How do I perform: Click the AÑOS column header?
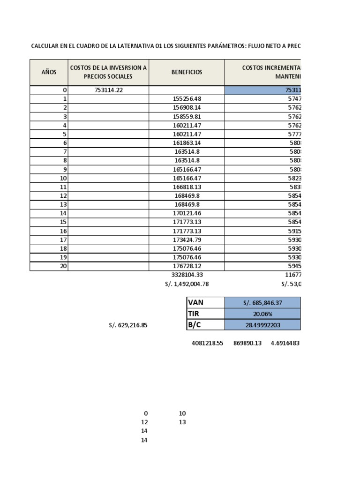49,72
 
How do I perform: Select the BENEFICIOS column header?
187,72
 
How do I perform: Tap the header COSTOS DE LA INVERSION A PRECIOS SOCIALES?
108,72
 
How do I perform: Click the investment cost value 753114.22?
108,90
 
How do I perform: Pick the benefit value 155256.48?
187,99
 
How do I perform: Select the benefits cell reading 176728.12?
187,266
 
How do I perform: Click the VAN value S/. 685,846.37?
262,302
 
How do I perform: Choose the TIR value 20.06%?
262,314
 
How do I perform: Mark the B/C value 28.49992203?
262,325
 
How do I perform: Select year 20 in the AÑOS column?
64,266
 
